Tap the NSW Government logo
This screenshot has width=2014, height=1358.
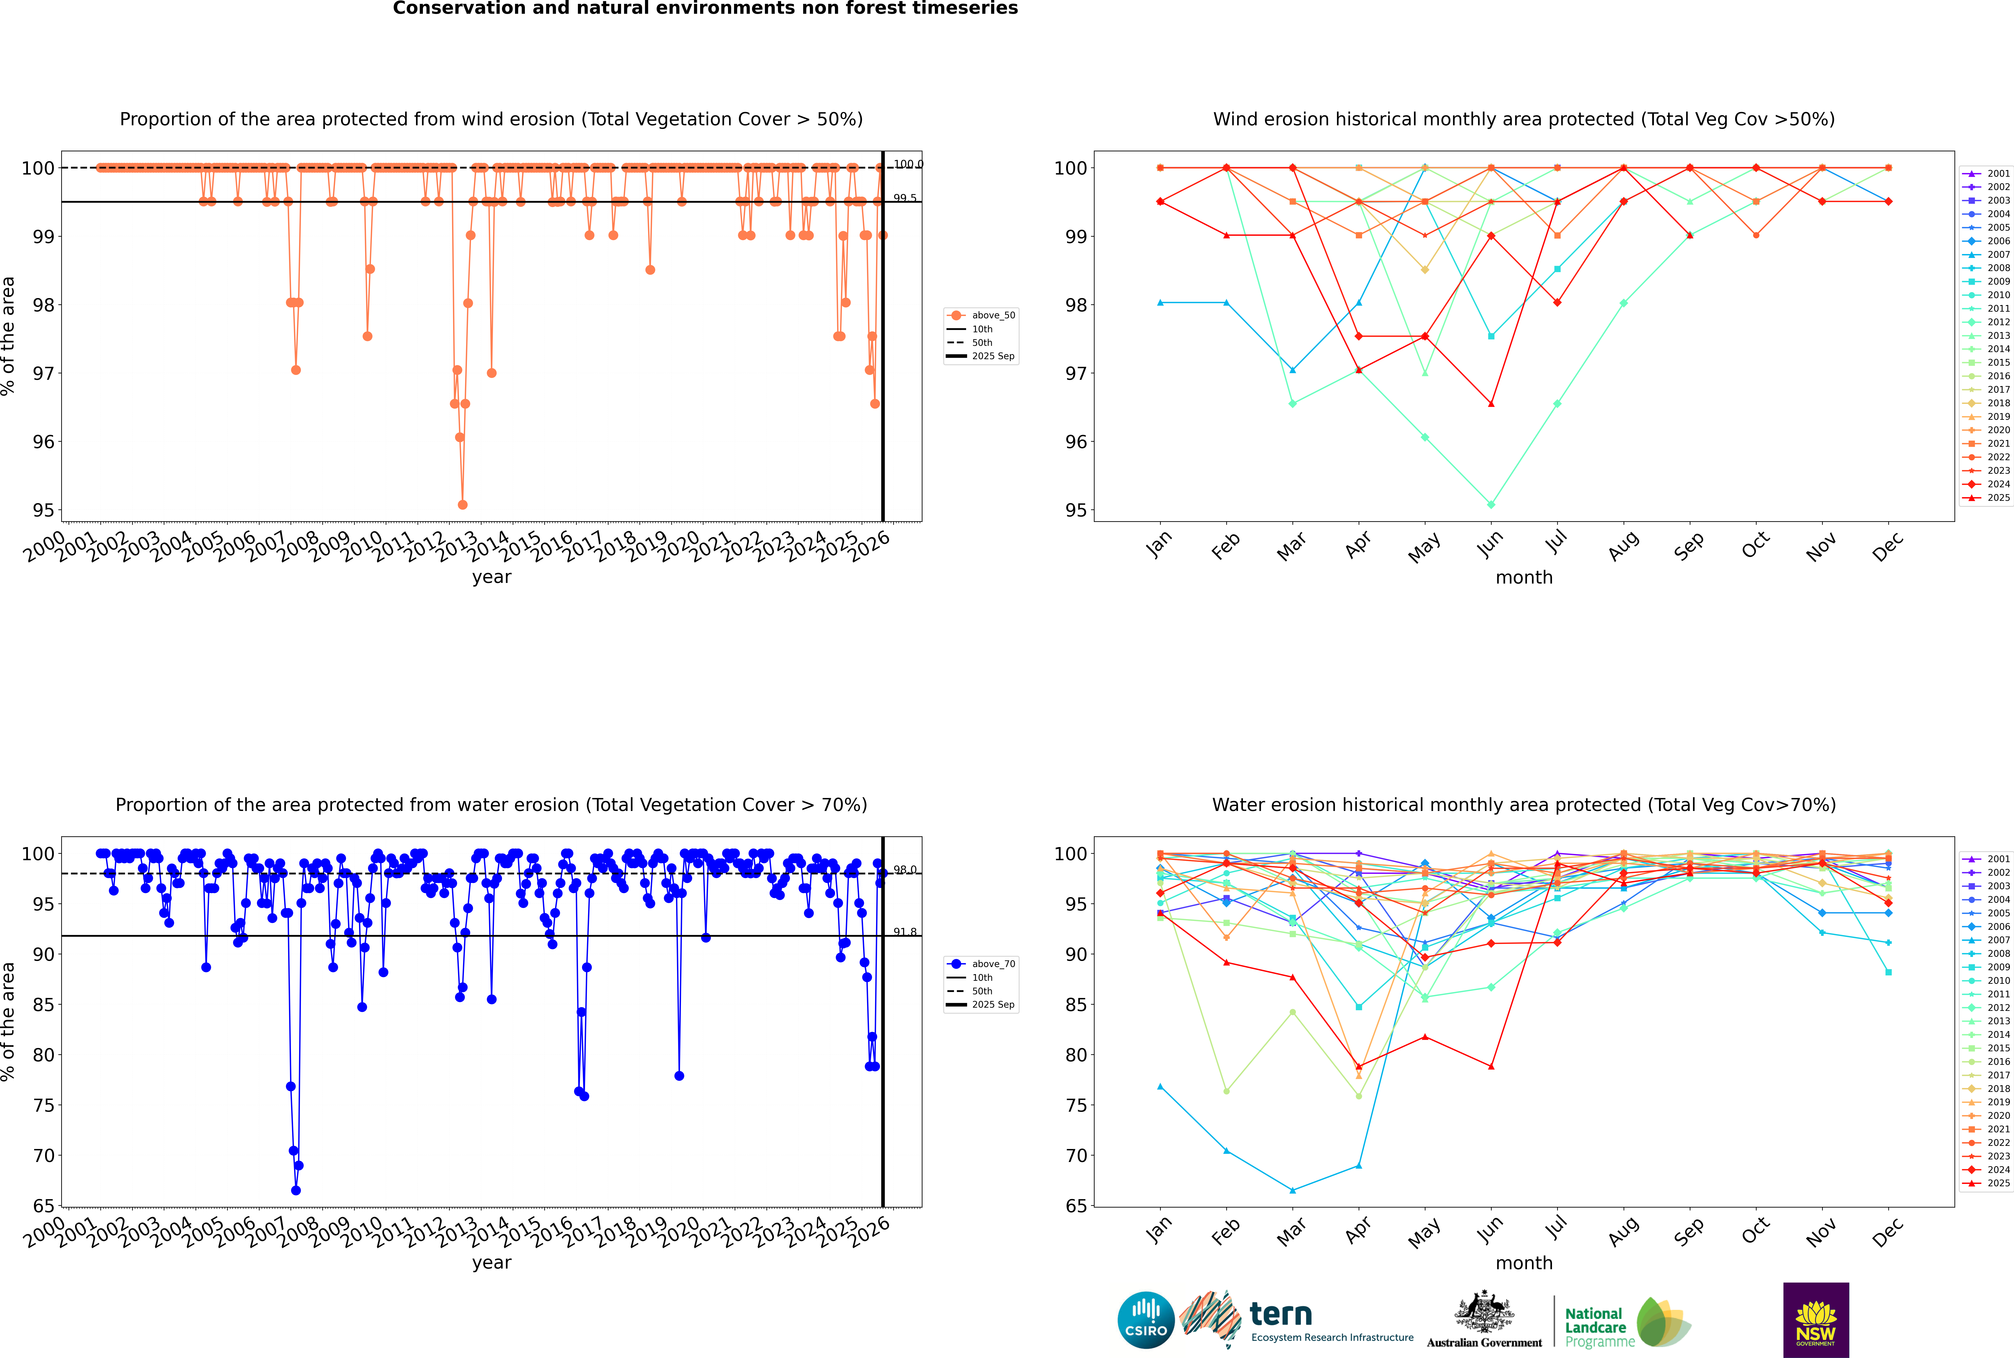[x=1816, y=1320]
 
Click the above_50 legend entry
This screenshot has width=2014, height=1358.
[x=981, y=315]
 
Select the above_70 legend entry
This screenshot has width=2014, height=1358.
[x=981, y=964]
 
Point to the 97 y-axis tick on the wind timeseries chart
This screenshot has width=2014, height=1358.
[x=43, y=373]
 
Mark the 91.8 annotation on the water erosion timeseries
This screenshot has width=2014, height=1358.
[x=905, y=932]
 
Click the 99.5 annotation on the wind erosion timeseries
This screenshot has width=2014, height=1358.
[x=905, y=198]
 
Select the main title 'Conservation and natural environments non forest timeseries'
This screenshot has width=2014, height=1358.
[x=705, y=9]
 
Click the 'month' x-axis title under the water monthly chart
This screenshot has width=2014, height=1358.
[x=1524, y=1263]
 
